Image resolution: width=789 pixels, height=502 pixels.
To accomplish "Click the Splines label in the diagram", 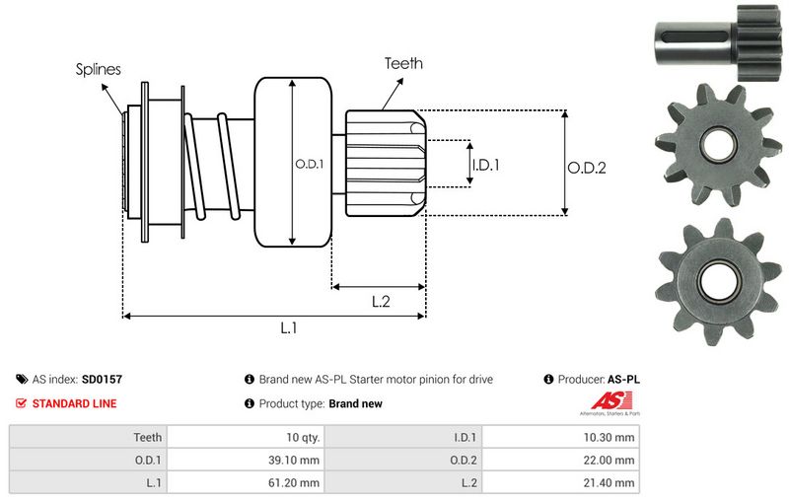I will click(x=99, y=69).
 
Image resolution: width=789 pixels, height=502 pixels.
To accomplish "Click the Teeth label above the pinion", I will click(x=403, y=63).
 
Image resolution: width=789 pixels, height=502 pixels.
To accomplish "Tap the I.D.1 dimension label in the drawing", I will click(x=485, y=165).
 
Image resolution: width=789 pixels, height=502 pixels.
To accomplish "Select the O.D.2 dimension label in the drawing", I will click(x=586, y=168).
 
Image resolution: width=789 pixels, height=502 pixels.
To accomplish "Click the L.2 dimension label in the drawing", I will click(x=382, y=302).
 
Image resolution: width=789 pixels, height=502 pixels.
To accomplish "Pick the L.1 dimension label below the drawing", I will click(x=289, y=329).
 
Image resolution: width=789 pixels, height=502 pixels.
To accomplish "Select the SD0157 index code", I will click(x=102, y=379).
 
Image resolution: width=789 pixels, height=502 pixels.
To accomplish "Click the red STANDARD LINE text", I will click(x=74, y=403).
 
